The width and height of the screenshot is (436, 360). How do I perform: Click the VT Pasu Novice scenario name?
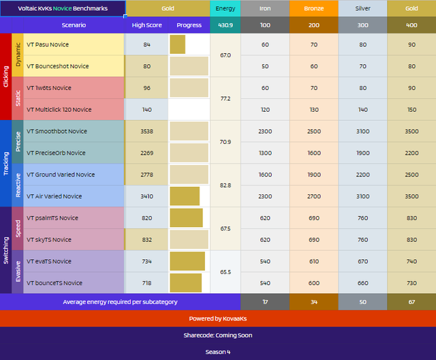(x=48, y=44)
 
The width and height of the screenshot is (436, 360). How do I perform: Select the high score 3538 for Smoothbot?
(x=147, y=132)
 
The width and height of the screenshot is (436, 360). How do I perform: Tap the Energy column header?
(x=225, y=8)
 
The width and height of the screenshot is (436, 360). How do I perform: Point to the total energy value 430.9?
(x=225, y=25)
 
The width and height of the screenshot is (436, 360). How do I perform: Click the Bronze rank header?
(x=314, y=8)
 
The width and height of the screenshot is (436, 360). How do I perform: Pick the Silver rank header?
(x=362, y=8)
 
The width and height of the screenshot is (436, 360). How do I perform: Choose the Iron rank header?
(x=265, y=8)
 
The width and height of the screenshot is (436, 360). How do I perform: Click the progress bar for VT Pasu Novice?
(x=177, y=44)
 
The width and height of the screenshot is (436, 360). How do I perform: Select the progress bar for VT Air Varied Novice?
(x=185, y=196)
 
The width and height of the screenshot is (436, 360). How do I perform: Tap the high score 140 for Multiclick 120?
(x=147, y=110)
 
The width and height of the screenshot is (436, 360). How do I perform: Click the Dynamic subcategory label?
(x=18, y=55)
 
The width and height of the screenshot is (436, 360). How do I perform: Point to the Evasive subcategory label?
(x=18, y=271)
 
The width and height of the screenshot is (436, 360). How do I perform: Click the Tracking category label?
(x=6, y=164)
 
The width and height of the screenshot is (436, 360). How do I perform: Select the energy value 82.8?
(x=225, y=185)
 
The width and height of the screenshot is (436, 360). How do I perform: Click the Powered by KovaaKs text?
(x=218, y=318)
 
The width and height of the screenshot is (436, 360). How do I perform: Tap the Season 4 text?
(x=218, y=352)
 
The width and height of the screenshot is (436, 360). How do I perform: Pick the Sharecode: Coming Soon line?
(x=218, y=335)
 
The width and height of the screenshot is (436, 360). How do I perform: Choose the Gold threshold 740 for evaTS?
(x=411, y=261)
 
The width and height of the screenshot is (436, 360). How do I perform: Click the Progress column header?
(x=189, y=25)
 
